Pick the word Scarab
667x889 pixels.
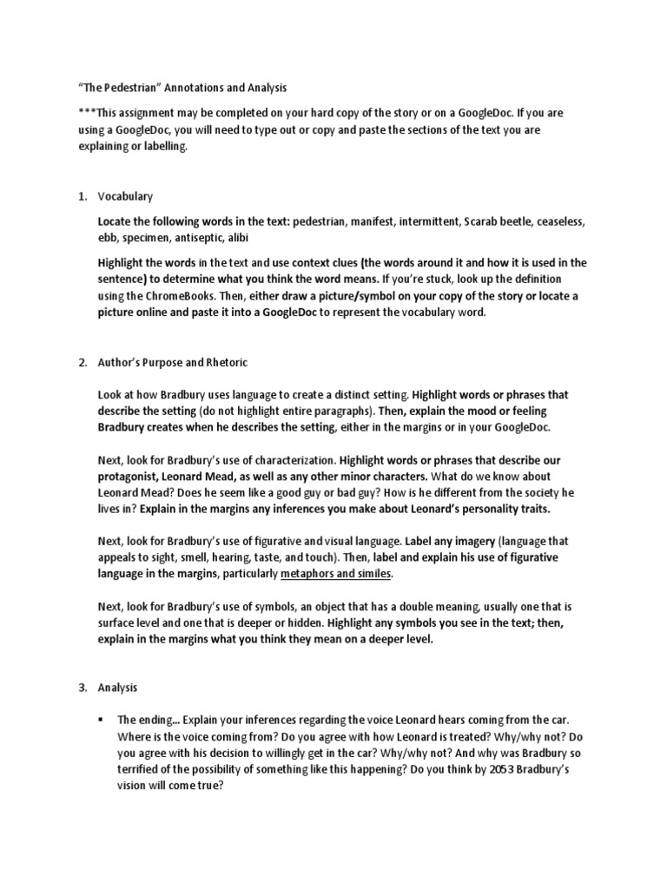pyautogui.click(x=497, y=221)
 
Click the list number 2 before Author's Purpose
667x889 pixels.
pyautogui.click(x=83, y=362)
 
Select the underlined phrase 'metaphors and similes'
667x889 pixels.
pyautogui.click(x=337, y=575)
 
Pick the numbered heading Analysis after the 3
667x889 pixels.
pyautogui.click(x=118, y=688)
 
